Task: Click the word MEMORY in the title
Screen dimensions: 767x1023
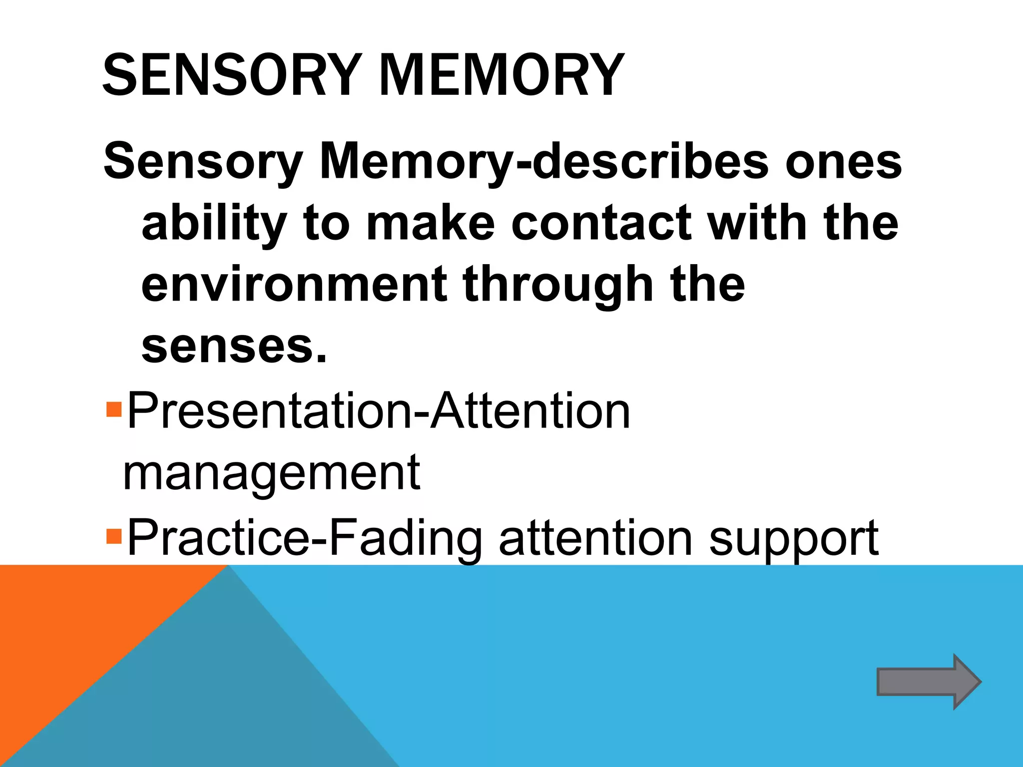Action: pyautogui.click(x=502, y=75)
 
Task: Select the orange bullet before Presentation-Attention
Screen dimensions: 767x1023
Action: pyautogui.click(x=114, y=410)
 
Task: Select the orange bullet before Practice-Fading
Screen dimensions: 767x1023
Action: pyautogui.click(x=114, y=537)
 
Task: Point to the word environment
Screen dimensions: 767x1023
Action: pyautogui.click(x=294, y=285)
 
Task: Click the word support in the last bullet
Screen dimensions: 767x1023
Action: pyautogui.click(x=794, y=540)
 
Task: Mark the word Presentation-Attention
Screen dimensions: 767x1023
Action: pyautogui.click(x=379, y=411)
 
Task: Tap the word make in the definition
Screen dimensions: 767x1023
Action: pyautogui.click(x=430, y=223)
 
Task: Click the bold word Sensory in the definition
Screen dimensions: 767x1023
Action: pyautogui.click(x=203, y=163)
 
